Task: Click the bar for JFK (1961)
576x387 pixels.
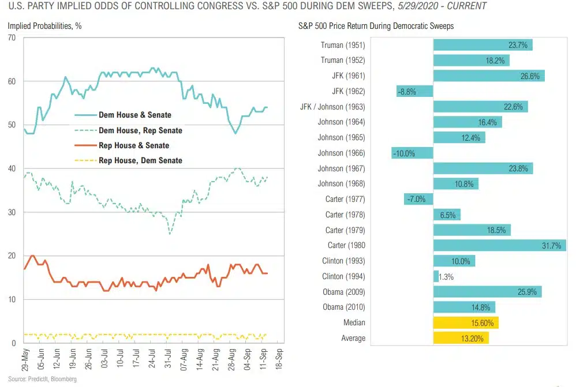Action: [488, 76]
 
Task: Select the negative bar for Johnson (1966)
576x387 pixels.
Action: [412, 153]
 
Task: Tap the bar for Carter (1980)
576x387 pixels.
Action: [499, 245]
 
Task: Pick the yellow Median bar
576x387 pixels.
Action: [466, 322]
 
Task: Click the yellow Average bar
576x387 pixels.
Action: [461, 338]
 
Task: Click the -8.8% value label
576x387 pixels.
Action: [407, 91]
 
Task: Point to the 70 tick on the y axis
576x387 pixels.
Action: [12, 38]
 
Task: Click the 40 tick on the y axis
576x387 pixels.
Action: [12, 169]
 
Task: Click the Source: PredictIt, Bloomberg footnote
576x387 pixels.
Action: [42, 380]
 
